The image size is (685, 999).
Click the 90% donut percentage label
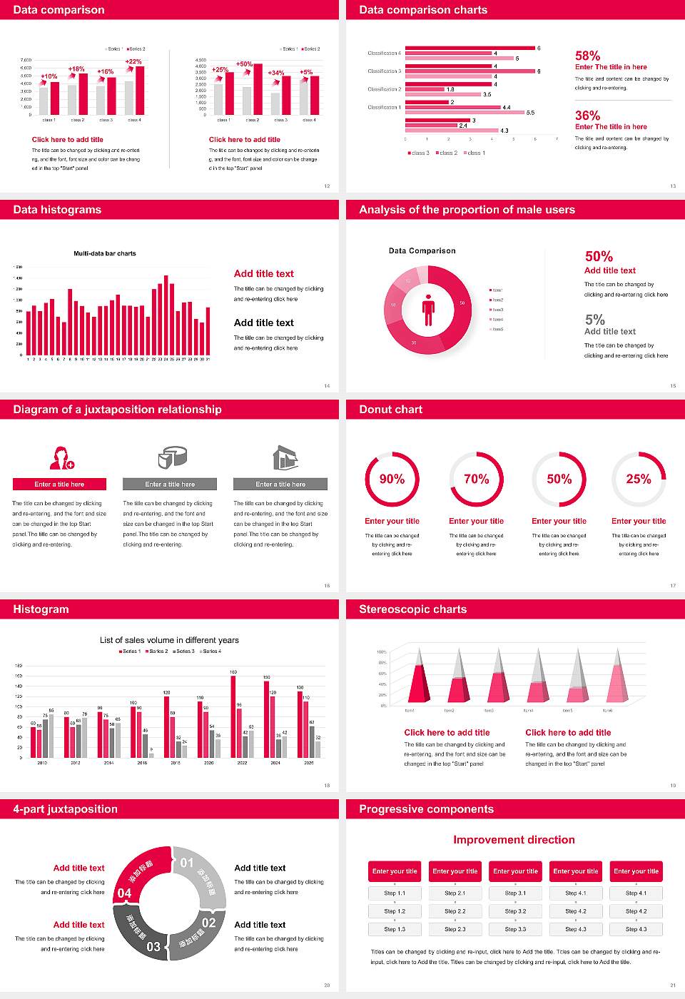(392, 479)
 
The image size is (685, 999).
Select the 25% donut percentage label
(639, 479)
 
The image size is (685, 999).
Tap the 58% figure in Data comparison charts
(587, 56)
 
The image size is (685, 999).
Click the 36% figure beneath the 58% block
(587, 116)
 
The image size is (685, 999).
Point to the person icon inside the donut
(428, 309)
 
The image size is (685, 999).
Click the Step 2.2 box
(455, 911)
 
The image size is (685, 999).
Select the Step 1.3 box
(395, 929)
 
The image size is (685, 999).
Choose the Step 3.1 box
(515, 893)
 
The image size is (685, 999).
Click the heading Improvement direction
(514, 840)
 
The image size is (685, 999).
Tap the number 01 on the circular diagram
(187, 863)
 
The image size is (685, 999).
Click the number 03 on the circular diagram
(153, 947)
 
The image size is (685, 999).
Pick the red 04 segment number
(124, 893)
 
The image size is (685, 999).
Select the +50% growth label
(244, 64)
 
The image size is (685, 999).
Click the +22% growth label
(133, 61)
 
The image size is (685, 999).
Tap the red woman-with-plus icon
(62, 457)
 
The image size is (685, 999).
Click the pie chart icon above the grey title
(172, 457)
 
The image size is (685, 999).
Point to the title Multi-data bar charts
(105, 253)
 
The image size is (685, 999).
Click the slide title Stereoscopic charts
(412, 609)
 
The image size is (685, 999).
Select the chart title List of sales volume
(169, 640)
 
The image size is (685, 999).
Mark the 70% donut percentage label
(477, 479)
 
